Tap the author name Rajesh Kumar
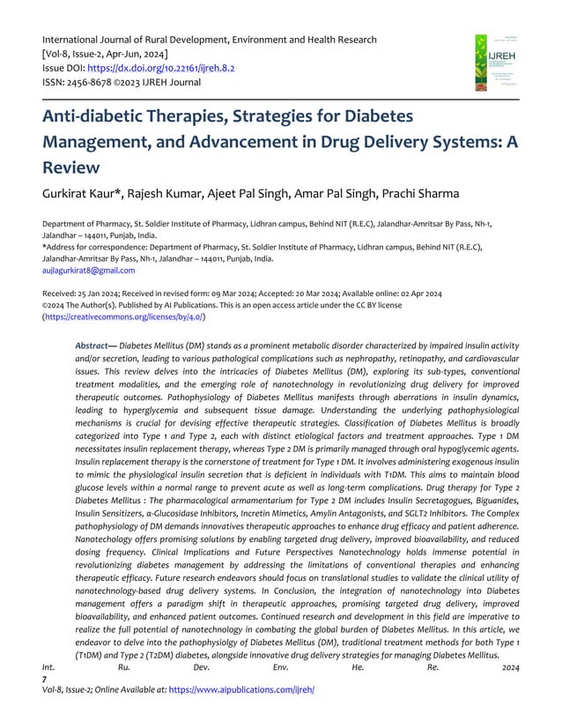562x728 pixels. point(182,193)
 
